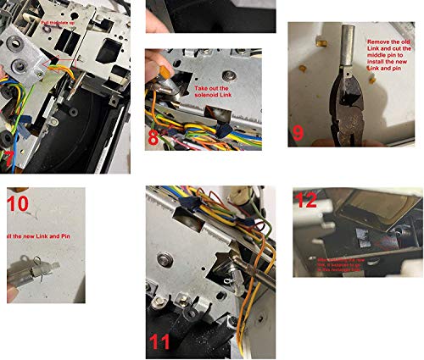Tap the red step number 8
(153, 136)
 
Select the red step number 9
(298, 132)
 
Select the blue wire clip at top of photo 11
(192, 208)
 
